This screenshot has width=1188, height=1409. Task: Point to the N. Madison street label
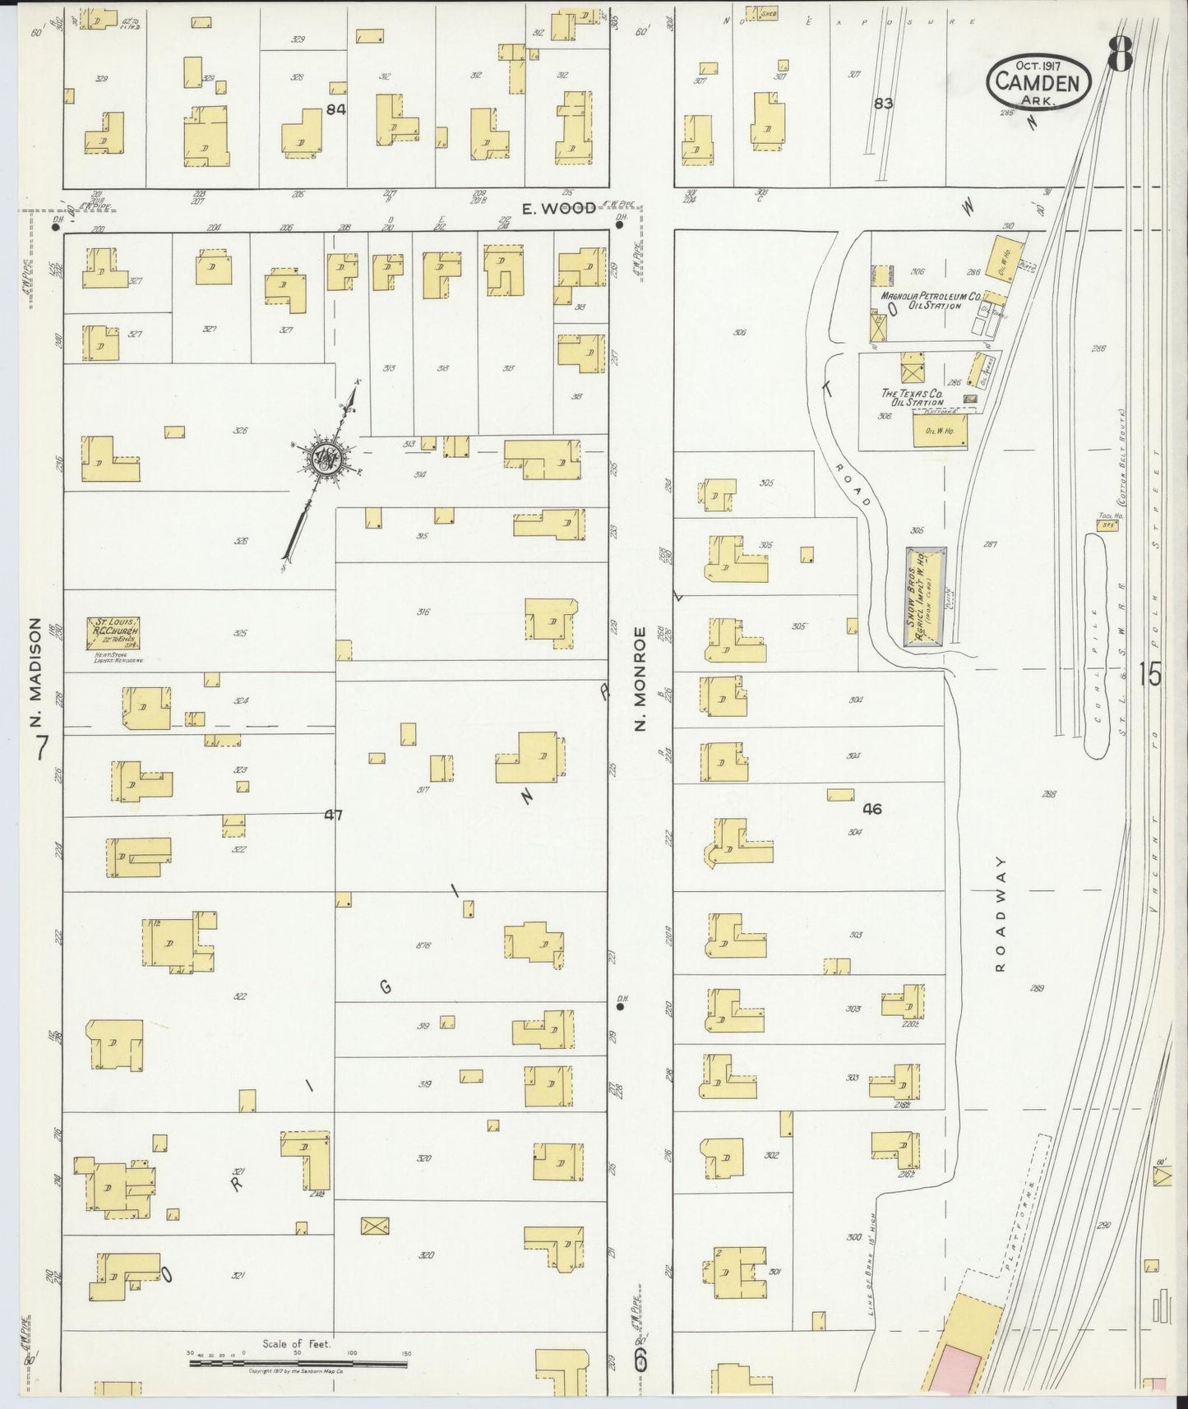click(x=35, y=673)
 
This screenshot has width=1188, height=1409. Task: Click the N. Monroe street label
click(x=641, y=678)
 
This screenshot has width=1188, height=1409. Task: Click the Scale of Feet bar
click(x=298, y=1363)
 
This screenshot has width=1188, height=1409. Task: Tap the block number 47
click(x=332, y=815)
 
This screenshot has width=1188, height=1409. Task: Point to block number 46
click(x=871, y=809)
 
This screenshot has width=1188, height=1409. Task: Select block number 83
click(x=883, y=104)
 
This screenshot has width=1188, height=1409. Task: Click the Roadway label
click(x=1001, y=913)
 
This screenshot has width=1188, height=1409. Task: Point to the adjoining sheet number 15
click(x=1151, y=675)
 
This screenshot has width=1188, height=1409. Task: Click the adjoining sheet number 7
click(x=42, y=746)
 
